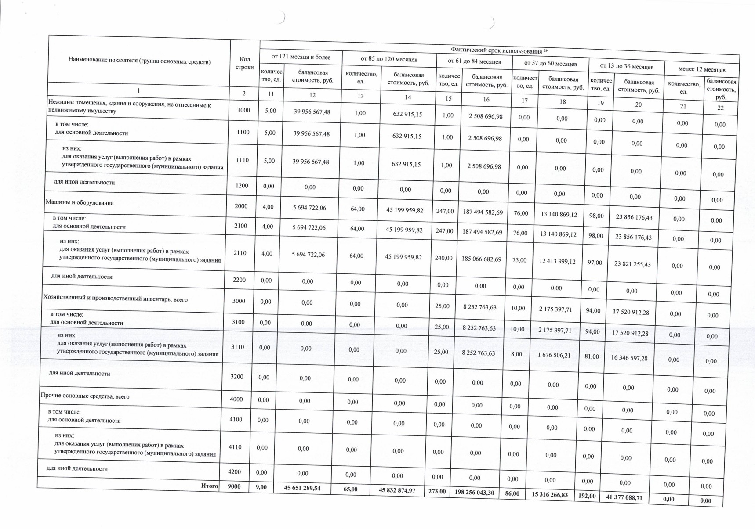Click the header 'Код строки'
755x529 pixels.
[245, 63]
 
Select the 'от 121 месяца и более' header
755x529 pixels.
[301, 57]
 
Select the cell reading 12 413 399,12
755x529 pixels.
[557, 261]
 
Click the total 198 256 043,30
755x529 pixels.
[474, 493]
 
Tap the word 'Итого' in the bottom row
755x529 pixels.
[210, 486]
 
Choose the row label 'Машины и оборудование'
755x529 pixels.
[80, 203]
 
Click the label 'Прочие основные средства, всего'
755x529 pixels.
[85, 396]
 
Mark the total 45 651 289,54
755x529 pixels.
[302, 488]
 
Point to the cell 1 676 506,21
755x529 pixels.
[554, 355]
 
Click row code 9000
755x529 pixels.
[234, 486]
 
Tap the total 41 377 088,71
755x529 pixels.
[624, 498]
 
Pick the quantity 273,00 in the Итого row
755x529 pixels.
[437, 491]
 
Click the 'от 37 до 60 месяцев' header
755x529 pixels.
[551, 64]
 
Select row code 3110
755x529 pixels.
[238, 347]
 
